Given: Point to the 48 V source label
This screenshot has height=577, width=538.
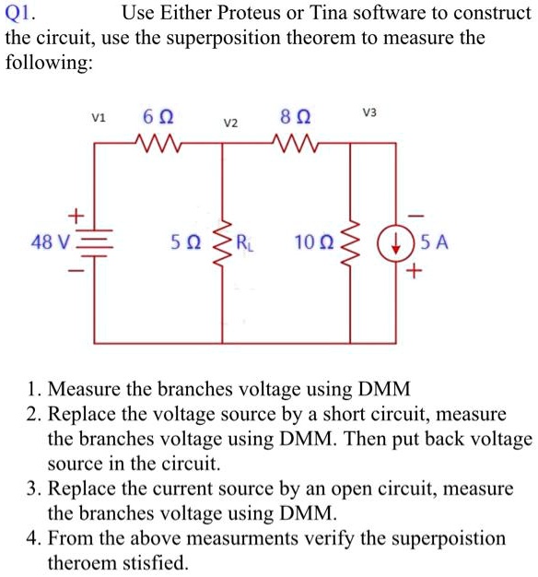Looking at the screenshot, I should (49, 243).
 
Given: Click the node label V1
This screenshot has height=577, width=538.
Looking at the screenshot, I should (99, 117).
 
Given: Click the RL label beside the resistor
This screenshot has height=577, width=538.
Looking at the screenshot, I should (246, 243).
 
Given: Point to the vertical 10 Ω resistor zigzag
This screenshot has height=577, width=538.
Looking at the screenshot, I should (351, 243).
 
